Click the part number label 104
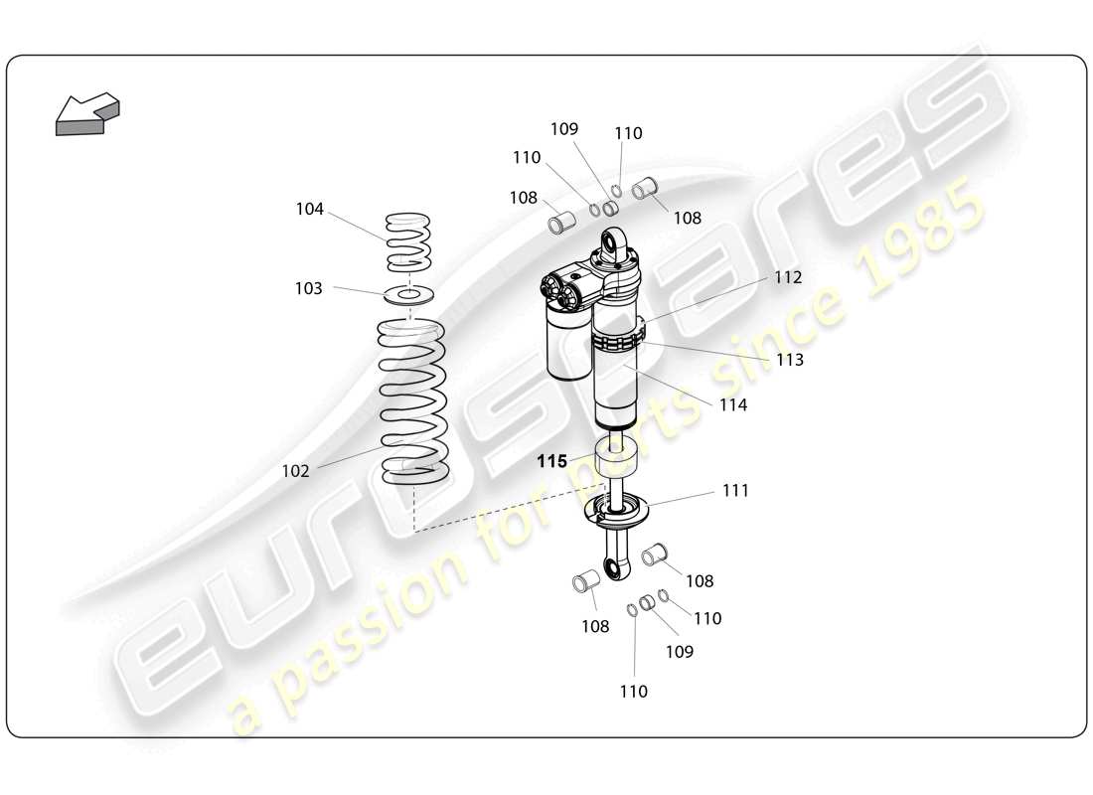pyautogui.click(x=309, y=209)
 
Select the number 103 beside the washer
pyautogui.click(x=308, y=288)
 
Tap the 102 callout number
pyautogui.click(x=295, y=471)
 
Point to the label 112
pyautogui.click(x=788, y=278)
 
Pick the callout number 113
pyautogui.click(x=789, y=360)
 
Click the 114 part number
pyautogui.click(x=733, y=405)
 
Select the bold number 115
pyautogui.click(x=551, y=461)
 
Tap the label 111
pyautogui.click(x=735, y=491)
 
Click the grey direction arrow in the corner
pyautogui.click(x=86, y=114)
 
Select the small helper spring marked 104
pyautogui.click(x=408, y=241)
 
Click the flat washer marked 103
pyautogui.click(x=408, y=295)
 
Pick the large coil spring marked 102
pyautogui.click(x=412, y=402)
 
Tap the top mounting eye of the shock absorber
pyautogui.click(x=616, y=241)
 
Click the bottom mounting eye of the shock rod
pyautogui.click(x=616, y=567)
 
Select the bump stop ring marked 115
pyautogui.click(x=615, y=462)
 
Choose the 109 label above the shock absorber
pyautogui.click(x=564, y=129)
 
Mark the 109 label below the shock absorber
pyautogui.click(x=680, y=652)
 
